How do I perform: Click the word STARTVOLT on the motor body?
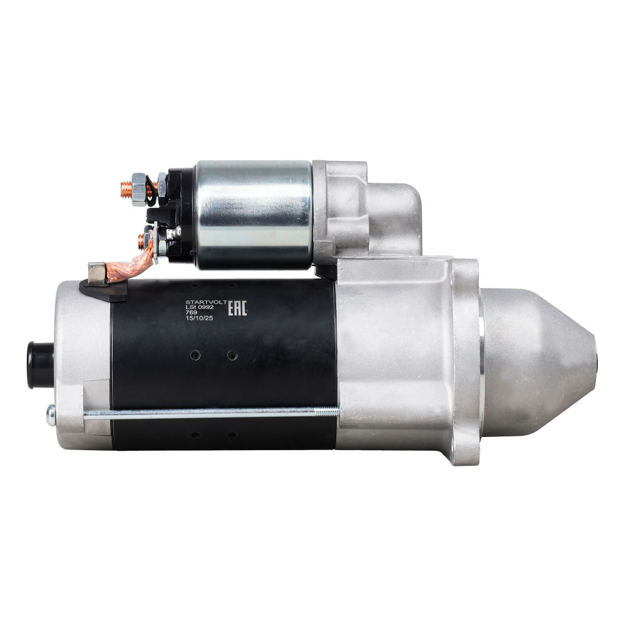pos(206,302)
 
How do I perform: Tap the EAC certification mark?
pos(237,308)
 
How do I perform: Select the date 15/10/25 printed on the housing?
pos(199,318)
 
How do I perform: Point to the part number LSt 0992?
pos(200,307)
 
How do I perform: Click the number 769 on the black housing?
pos(191,312)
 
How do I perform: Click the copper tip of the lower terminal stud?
pos(141,241)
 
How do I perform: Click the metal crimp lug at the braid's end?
pos(98,274)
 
